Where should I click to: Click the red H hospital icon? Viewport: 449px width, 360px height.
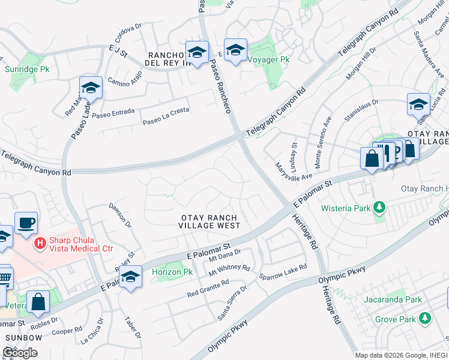coord(40,243)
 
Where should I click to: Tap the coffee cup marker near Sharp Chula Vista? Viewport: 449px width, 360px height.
coord(26,223)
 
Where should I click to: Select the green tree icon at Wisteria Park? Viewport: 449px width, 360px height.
coord(379,208)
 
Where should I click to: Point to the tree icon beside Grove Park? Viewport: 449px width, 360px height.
coord(425,317)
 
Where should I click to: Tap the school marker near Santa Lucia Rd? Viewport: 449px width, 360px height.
coord(418,105)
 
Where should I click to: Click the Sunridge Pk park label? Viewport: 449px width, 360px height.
coord(26,70)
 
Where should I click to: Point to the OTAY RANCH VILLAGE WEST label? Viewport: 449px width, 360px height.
coord(209,221)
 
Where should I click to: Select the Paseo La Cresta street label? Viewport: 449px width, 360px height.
coord(166,116)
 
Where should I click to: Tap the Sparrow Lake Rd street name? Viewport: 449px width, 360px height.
coord(283,273)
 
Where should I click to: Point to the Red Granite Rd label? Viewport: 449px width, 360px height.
coord(208,288)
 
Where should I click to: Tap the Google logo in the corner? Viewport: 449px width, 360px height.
coord(20,352)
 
